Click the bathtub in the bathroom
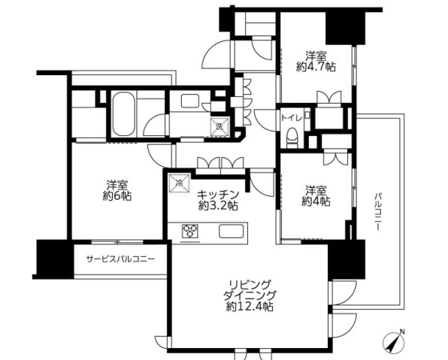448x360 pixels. pos(123,114)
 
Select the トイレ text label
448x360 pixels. pos(292,118)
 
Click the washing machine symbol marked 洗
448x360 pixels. pos(219,126)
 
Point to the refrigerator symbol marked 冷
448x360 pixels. pos(180,183)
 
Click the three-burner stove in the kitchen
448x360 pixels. pos(190,231)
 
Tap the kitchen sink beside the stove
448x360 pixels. pos(232,231)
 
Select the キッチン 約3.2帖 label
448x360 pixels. pos(218,200)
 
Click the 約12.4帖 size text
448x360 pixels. pos(250,307)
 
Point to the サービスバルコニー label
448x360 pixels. pos(120,259)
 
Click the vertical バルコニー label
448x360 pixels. pos(378,212)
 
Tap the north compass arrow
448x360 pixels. pos(392,342)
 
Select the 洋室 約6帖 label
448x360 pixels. pos(117,191)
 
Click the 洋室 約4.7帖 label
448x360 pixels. pos(316,61)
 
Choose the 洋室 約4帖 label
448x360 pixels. pos(316,196)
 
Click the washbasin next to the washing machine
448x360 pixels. pos(189,101)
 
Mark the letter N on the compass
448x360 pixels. pos(402,331)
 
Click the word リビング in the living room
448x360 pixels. pos(250,285)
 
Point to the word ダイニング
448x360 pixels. pos(250,295)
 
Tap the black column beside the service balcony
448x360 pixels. pos(55,259)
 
